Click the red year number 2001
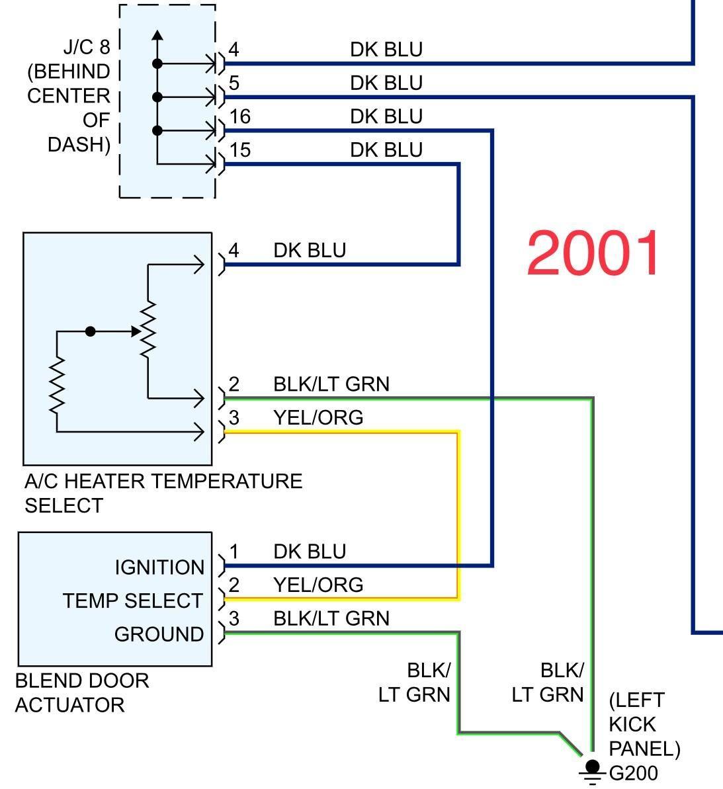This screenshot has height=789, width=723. [593, 253]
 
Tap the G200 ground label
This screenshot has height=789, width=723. [633, 772]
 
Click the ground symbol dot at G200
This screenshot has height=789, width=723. [592, 767]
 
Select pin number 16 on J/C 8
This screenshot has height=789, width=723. [239, 117]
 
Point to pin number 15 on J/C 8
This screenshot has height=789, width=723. [239, 151]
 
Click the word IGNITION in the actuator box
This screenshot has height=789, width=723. [159, 567]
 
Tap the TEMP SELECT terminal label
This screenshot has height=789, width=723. [133, 601]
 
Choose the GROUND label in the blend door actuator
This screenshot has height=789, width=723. [159, 634]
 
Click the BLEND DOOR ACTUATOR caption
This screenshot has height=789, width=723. [81, 692]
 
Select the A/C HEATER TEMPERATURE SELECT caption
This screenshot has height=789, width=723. [163, 493]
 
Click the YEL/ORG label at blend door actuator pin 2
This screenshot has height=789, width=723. [318, 585]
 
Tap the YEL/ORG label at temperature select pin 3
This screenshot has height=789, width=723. [318, 418]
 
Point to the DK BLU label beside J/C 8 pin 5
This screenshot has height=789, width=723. [386, 83]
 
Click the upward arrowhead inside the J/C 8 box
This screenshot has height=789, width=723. [157, 35]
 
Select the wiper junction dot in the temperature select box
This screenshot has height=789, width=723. [91, 331]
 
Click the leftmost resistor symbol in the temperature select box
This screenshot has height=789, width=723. [57, 386]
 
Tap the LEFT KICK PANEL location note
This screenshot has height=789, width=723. [644, 724]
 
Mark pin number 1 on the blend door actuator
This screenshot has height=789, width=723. [234, 551]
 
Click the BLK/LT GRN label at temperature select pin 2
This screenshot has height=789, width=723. [331, 384]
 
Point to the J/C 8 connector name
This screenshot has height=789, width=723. [86, 48]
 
